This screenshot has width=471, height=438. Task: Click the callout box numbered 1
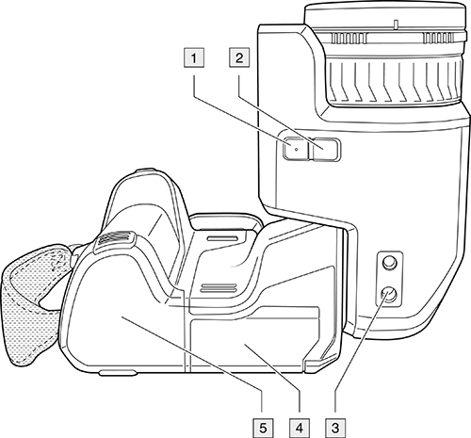click(x=194, y=57)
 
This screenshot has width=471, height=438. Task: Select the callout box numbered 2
click(x=239, y=57)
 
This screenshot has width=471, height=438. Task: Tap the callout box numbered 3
click(x=335, y=428)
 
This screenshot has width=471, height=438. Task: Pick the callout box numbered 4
click(x=300, y=428)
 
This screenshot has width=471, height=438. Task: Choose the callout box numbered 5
click(x=263, y=428)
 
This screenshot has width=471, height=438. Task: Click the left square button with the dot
click(x=296, y=149)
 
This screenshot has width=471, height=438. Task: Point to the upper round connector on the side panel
click(x=389, y=263)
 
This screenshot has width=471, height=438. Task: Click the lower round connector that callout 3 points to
click(x=389, y=296)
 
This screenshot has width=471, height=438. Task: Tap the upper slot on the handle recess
click(x=222, y=238)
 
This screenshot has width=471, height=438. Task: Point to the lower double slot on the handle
click(x=219, y=287)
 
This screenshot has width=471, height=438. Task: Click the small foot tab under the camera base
click(x=118, y=373)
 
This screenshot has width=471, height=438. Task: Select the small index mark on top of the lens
click(x=396, y=24)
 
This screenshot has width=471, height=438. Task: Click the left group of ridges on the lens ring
click(x=349, y=39)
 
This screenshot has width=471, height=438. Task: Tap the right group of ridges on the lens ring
click(x=439, y=39)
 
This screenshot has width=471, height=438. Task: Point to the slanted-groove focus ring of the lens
click(x=395, y=80)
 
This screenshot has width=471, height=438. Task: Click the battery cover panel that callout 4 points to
click(x=252, y=339)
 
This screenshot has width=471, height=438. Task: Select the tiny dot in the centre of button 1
click(x=296, y=150)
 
